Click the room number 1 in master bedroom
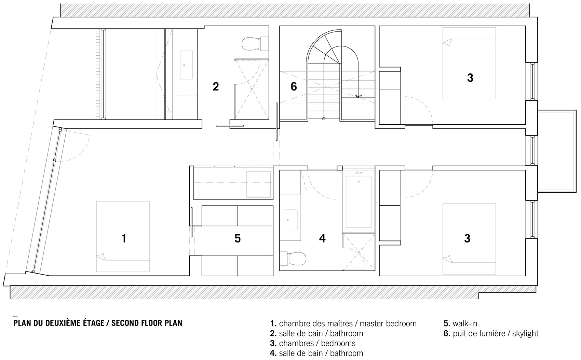124,238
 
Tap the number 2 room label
216,86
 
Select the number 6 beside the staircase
294,86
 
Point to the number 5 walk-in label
238,238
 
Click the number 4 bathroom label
322,238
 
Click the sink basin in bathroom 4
291,220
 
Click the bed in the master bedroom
123,236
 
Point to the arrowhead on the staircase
358,96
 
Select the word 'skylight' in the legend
525,333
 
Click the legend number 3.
273,343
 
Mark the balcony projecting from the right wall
557,151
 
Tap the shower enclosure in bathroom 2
251,89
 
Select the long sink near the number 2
186,65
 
